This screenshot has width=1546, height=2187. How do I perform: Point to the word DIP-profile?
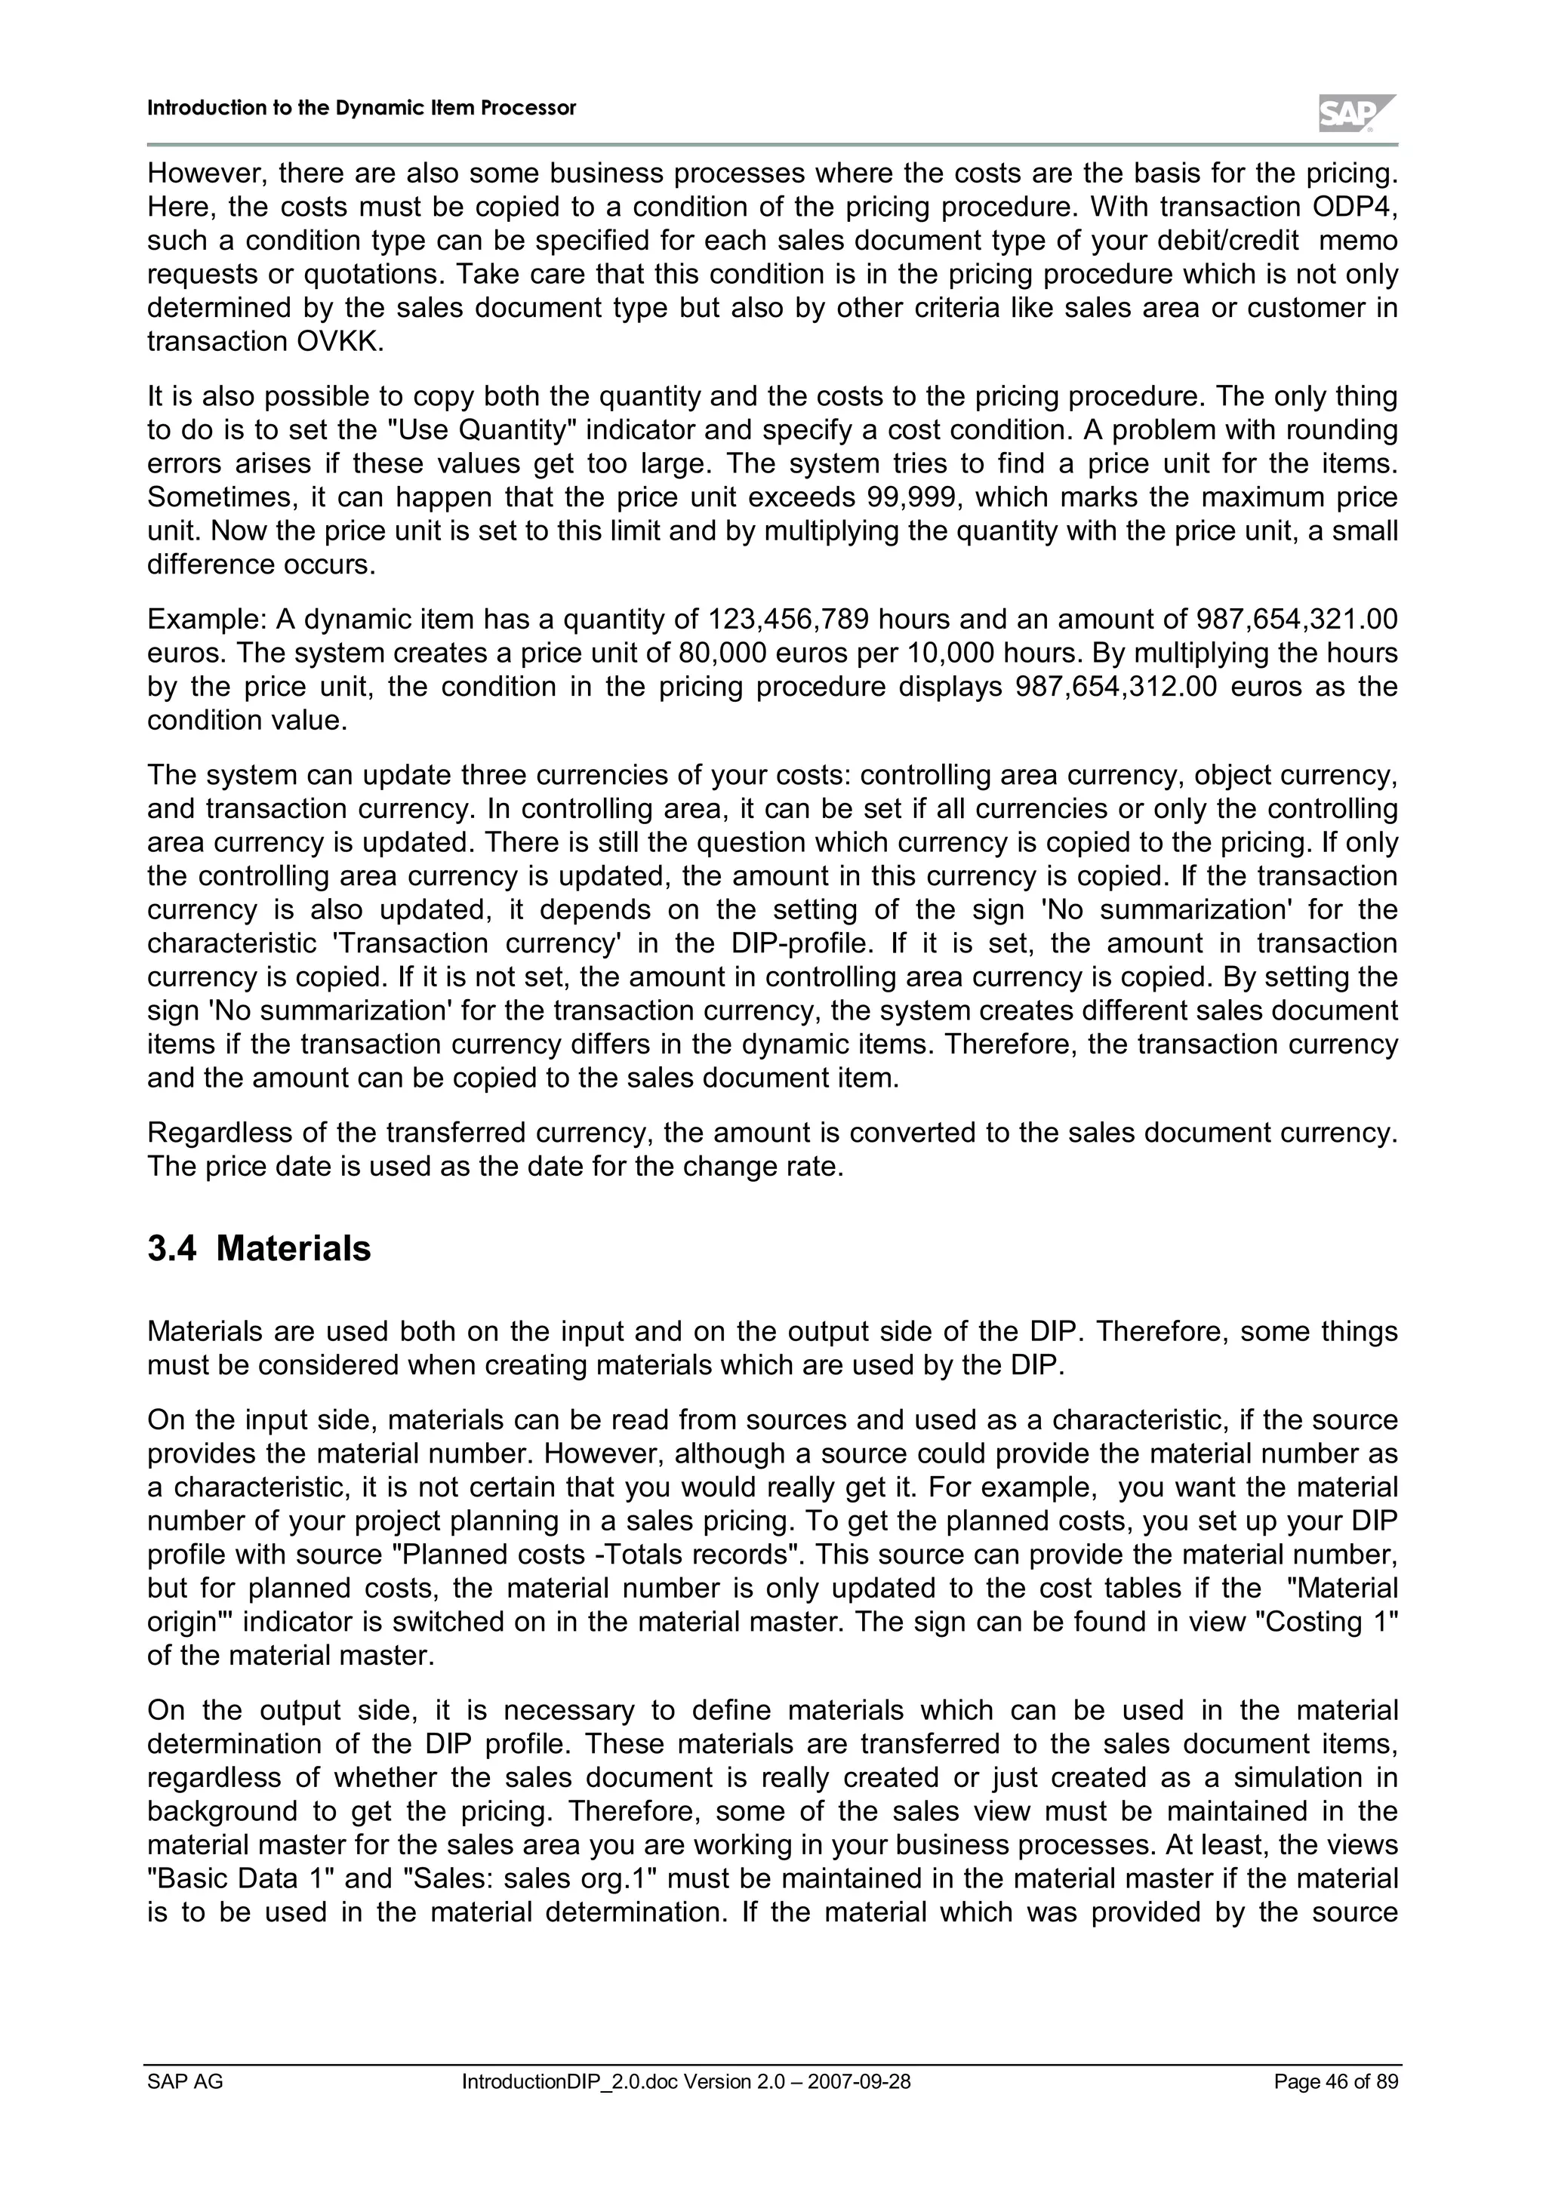pos(805,943)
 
